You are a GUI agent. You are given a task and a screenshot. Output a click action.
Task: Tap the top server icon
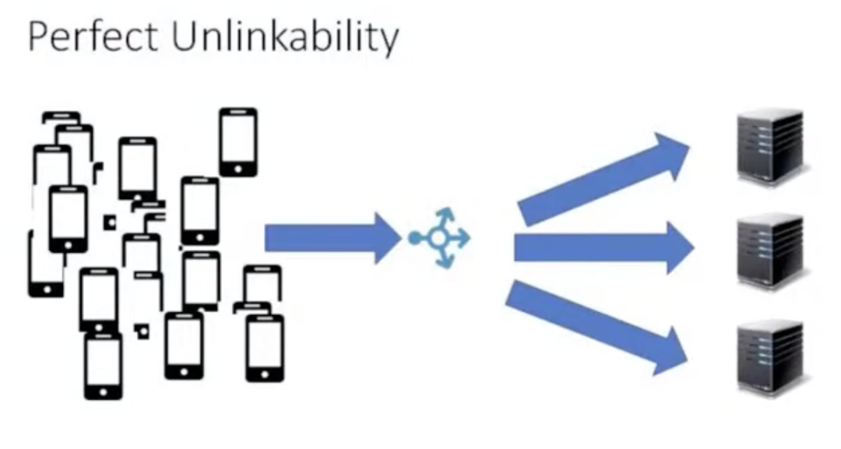(770, 146)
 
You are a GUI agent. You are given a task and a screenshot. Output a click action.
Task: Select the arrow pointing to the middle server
(603, 247)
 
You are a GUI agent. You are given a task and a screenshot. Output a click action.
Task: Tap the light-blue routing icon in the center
(441, 238)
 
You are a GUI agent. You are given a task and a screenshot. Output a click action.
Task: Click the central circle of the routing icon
(439, 238)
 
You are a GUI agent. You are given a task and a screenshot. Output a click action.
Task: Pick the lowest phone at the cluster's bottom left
(103, 366)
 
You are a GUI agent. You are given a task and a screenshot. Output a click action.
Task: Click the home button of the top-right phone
(238, 168)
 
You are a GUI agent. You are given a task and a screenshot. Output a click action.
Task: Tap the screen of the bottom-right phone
(265, 343)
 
